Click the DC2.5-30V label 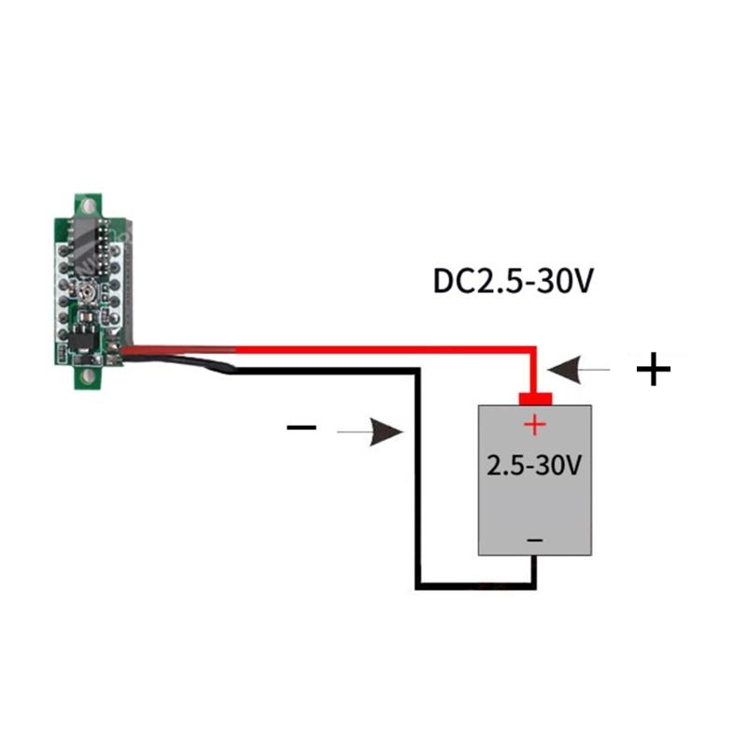(513, 281)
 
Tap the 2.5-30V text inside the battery (535, 464)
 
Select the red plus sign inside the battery (533, 426)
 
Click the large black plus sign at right (654, 371)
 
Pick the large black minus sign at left (302, 429)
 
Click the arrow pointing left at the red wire (579, 371)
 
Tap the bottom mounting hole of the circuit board (90, 375)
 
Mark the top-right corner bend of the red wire (533, 350)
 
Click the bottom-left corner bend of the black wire (419, 585)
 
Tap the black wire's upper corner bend (419, 371)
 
